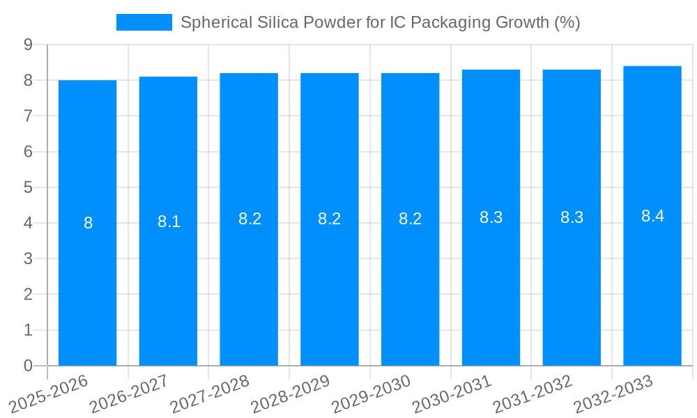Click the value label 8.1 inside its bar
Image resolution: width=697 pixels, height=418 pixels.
pyautogui.click(x=169, y=222)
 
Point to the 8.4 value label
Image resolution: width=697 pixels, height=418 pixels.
pyautogui.click(x=652, y=216)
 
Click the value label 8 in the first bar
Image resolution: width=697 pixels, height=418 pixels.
pyautogui.click(x=88, y=223)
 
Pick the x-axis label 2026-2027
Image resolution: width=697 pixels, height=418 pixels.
pyautogui.click(x=129, y=394)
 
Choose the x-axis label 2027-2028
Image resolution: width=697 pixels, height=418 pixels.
pyautogui.click(x=210, y=394)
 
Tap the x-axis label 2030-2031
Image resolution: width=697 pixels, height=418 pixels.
pyautogui.click(x=452, y=394)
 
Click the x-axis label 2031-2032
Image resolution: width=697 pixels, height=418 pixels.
pyautogui.click(x=533, y=394)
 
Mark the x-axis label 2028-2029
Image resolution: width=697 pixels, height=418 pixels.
pyautogui.click(x=291, y=394)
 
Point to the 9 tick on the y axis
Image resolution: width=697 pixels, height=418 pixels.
pyautogui.click(x=28, y=45)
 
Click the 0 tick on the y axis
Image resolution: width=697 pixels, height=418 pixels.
pyautogui.click(x=28, y=366)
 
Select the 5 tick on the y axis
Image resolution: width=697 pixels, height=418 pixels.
pyautogui.click(x=28, y=187)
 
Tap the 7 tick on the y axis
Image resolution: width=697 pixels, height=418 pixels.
pyautogui.click(x=28, y=116)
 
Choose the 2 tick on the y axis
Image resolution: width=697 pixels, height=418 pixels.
pyautogui.click(x=28, y=295)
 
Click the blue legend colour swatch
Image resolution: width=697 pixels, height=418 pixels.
pyautogui.click(x=144, y=22)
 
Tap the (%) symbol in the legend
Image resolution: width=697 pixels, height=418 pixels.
pyautogui.click(x=567, y=22)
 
